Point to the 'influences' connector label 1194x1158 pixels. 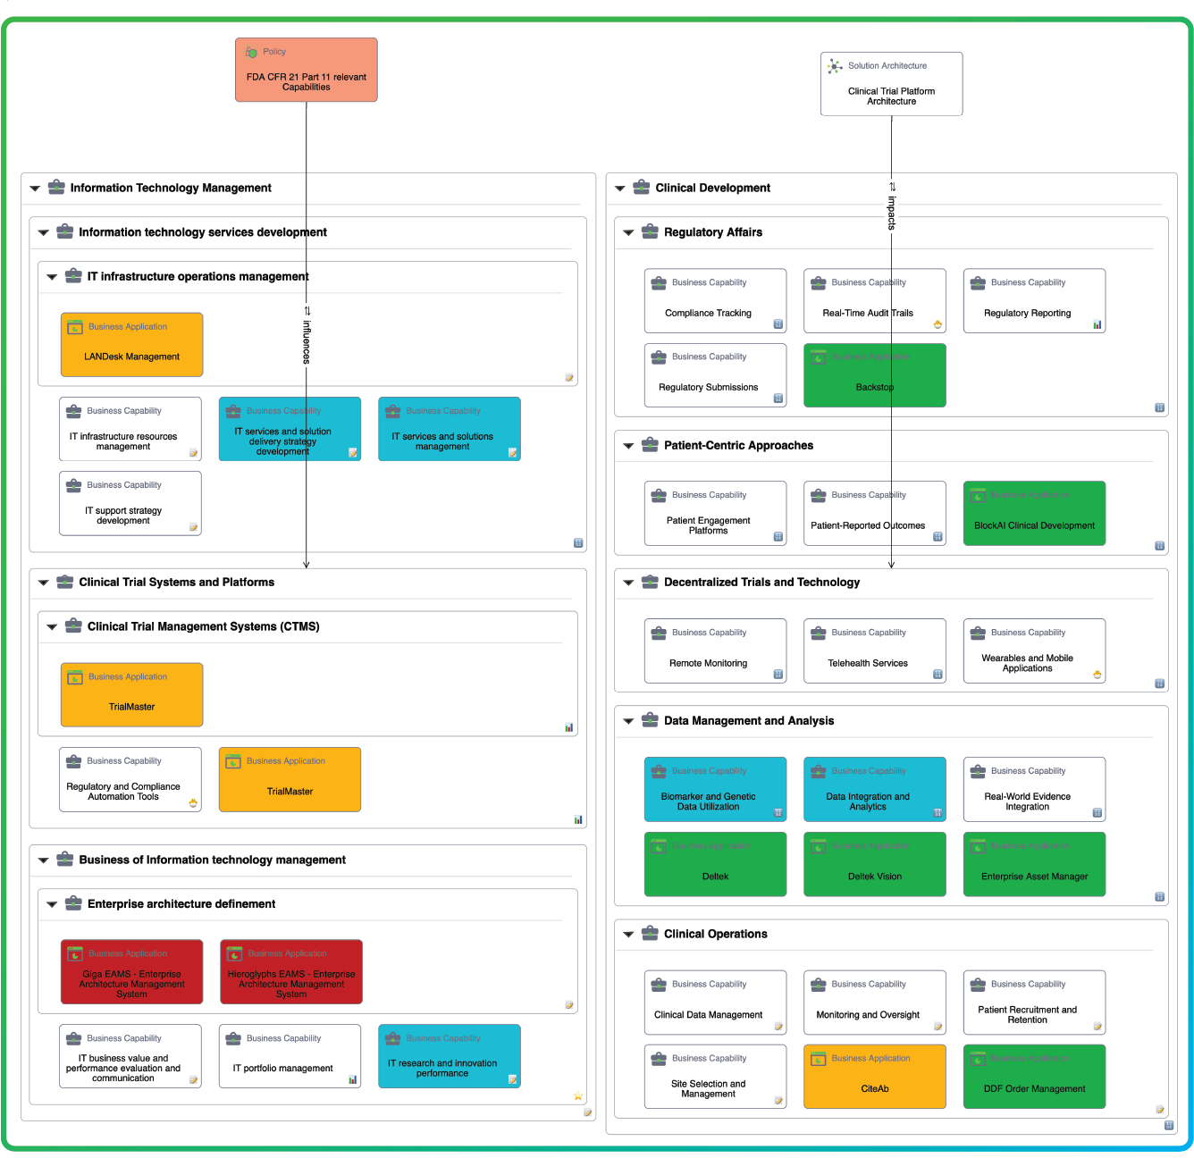click(x=307, y=340)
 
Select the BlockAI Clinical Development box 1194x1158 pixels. click(x=1034, y=514)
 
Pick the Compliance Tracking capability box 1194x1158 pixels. click(x=715, y=301)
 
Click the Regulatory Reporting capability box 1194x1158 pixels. click(x=1034, y=301)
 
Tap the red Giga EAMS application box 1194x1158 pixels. click(x=131, y=972)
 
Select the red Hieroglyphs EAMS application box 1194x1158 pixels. click(x=290, y=972)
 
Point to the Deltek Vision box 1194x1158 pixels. click(x=874, y=864)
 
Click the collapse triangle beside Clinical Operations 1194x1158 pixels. click(x=628, y=935)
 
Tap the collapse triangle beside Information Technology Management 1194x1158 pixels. click(x=35, y=189)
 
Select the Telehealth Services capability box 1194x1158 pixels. click(x=874, y=651)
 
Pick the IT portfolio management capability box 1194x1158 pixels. click(x=290, y=1056)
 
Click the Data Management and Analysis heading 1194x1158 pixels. click(x=748, y=721)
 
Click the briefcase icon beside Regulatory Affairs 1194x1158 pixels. click(x=650, y=231)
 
